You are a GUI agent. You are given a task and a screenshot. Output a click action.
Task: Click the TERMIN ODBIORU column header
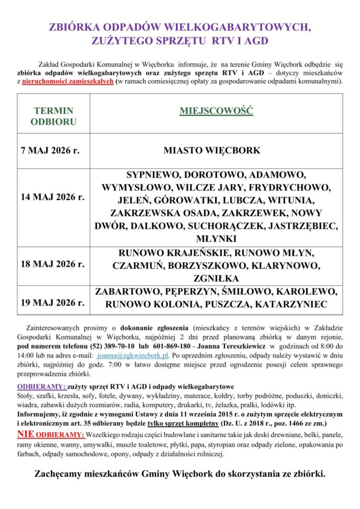tap(53, 115)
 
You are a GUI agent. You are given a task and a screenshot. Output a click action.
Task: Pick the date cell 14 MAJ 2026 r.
tap(52, 197)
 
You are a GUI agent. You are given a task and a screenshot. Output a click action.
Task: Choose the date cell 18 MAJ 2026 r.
tap(52, 264)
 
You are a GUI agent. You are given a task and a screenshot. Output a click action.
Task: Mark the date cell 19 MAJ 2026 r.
tap(52, 302)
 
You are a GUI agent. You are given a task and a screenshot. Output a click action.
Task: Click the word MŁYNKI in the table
tap(216, 238)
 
